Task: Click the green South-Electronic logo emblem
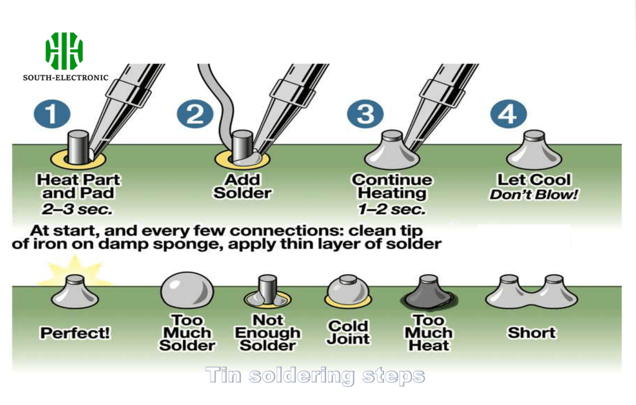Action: [x=64, y=51]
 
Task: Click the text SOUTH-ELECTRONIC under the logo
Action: [x=65, y=78]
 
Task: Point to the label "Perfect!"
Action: [x=75, y=333]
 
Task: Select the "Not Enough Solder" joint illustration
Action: [x=267, y=293]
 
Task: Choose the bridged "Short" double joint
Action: [x=531, y=292]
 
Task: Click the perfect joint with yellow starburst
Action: [x=75, y=291]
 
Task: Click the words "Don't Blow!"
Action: [x=534, y=195]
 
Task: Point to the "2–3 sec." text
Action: [x=78, y=208]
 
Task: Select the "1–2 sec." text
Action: [x=391, y=208]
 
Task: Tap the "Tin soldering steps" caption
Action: [x=315, y=376]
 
